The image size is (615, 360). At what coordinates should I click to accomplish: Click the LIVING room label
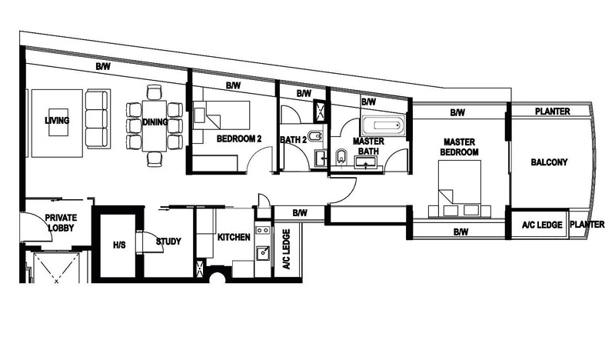click(x=57, y=121)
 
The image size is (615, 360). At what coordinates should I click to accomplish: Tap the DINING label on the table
click(x=155, y=122)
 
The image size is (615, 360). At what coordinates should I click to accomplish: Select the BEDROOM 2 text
click(x=239, y=138)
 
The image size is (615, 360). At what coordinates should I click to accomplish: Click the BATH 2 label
click(x=294, y=140)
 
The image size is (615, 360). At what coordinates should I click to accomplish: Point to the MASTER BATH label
click(x=368, y=146)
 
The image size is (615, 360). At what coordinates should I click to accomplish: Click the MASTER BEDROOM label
click(x=459, y=147)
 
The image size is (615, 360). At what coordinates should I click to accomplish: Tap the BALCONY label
click(x=549, y=162)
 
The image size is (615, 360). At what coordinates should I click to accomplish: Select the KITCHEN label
click(x=234, y=237)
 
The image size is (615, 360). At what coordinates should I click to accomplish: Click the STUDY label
click(x=168, y=242)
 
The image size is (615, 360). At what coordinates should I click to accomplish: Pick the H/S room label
click(x=119, y=245)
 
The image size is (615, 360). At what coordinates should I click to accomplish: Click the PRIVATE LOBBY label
click(x=61, y=222)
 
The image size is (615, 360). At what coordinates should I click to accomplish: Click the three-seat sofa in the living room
click(x=97, y=119)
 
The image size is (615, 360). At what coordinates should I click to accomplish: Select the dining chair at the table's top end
click(x=155, y=92)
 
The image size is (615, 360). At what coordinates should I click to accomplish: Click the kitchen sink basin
click(x=263, y=253)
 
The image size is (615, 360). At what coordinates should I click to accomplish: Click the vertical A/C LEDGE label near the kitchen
click(x=286, y=249)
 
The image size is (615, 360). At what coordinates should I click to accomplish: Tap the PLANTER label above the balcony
click(x=552, y=112)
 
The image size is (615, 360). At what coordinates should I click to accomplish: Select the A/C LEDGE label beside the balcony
click(x=542, y=225)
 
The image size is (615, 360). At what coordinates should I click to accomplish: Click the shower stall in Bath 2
click(x=320, y=111)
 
